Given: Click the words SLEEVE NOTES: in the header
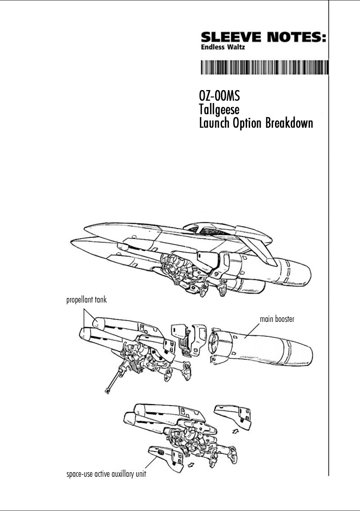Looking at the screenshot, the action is [x=263, y=37].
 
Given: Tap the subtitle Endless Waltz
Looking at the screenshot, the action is [x=223, y=47].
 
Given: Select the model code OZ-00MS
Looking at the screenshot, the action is [x=219, y=96].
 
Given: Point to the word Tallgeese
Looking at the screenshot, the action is [x=219, y=109].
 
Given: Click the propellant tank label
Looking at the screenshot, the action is [x=86, y=300].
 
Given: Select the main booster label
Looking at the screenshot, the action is [x=277, y=319].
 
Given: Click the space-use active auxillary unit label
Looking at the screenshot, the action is [x=106, y=474].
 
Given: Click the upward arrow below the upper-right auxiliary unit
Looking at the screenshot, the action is [x=234, y=431].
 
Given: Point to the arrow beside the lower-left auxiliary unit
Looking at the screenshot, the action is [x=192, y=463].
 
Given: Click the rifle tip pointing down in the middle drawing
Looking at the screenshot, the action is [x=107, y=390].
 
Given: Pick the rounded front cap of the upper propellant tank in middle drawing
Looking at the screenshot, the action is [x=97, y=323].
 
